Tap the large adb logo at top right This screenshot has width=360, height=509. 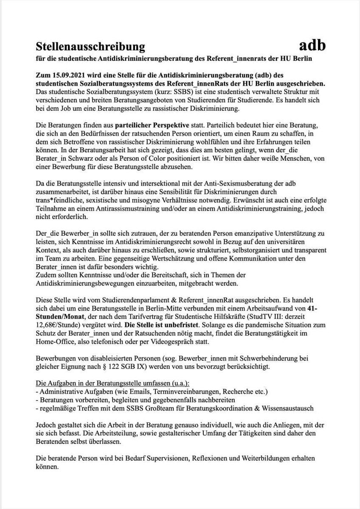click(x=312, y=44)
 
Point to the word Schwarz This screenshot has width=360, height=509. click(x=87, y=159)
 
